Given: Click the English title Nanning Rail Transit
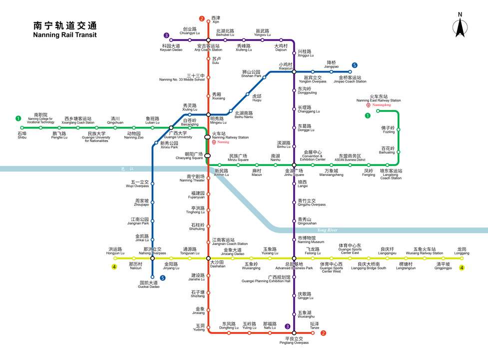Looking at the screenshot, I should click(64, 35).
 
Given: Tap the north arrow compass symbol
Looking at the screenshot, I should click(460, 25).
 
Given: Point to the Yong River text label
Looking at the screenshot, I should click(327, 229).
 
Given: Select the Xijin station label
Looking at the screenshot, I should click(216, 20).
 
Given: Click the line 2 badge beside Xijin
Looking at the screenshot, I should click(202, 19).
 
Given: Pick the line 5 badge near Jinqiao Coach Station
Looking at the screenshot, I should click(355, 65).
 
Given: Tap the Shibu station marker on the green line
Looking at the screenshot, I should click(22, 127).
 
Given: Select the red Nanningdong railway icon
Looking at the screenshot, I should click(368, 105).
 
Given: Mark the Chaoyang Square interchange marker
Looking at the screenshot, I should click(208, 155).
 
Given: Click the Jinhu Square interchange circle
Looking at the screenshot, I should click(294, 164).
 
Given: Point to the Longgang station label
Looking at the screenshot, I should click(462, 251).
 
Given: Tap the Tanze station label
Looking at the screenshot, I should click(314, 325).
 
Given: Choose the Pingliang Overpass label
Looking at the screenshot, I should click(294, 340).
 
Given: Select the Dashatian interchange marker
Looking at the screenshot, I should click(208, 258).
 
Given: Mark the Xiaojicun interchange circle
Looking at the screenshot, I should click(294, 72).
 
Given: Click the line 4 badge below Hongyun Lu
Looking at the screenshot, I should click(114, 267).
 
